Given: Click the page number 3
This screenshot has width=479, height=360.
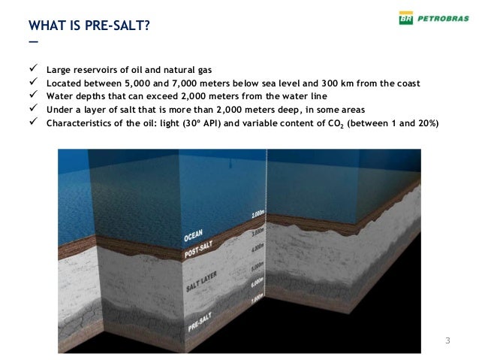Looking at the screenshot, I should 448,343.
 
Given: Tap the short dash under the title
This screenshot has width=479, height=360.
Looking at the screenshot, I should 32,42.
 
